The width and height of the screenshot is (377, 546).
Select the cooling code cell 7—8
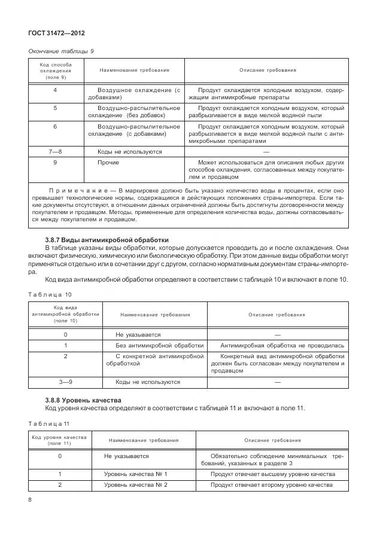(55, 152)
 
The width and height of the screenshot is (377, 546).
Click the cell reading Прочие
(108, 163)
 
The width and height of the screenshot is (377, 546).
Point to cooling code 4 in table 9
(55, 90)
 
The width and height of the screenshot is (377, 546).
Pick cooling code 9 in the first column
(55, 163)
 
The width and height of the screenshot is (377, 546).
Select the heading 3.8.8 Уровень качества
(83, 400)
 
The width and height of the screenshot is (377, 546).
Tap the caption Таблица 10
(50, 294)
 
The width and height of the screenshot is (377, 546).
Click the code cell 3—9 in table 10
(65, 382)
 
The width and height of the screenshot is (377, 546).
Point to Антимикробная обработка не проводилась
(282, 346)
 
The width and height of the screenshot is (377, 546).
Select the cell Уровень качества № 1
(135, 474)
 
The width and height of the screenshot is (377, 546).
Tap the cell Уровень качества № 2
(135, 485)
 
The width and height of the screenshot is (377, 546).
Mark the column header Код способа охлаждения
(56, 71)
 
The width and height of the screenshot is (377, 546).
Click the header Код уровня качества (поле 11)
(59, 440)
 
